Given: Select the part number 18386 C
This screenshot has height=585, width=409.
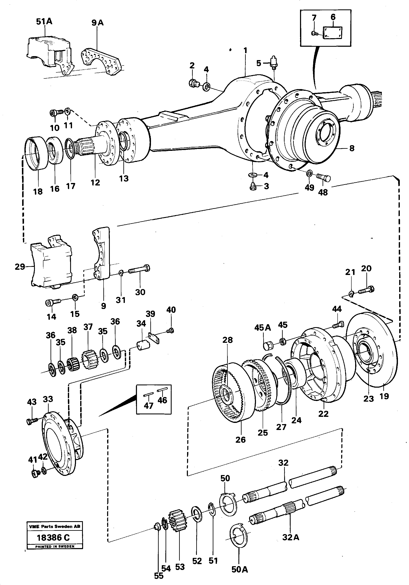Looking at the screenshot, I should [x=53, y=538].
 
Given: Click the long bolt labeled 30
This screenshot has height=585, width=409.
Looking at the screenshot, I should [x=139, y=270].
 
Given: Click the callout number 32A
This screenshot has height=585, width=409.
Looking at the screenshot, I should [x=290, y=537].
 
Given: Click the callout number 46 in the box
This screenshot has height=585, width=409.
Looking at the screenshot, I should [x=162, y=400].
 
